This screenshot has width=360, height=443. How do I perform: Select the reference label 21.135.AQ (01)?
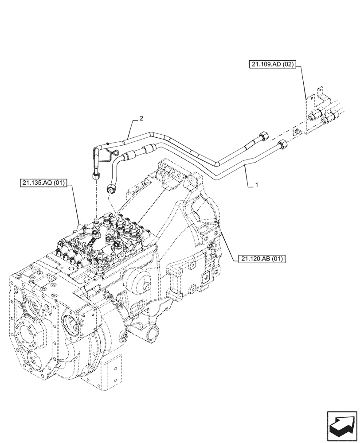[x=43, y=183]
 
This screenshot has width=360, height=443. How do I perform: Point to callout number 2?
[x=141, y=118]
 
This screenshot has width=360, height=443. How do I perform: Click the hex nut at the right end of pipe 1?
[x=282, y=145]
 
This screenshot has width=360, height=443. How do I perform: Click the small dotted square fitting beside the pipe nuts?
[x=297, y=132]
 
